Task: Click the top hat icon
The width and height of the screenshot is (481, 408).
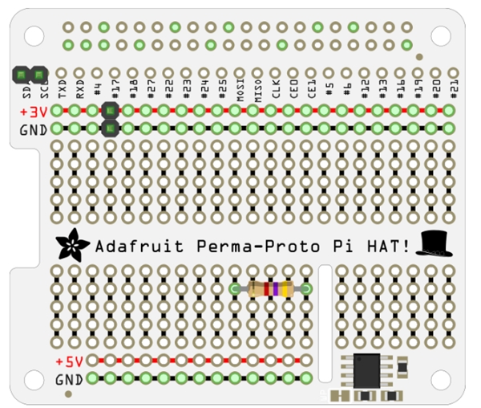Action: pos(433,242)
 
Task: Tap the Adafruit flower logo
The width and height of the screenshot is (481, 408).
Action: pos(75,243)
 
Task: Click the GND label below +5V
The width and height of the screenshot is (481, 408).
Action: pos(70,378)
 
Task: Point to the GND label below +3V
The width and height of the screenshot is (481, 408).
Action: pos(34,129)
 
